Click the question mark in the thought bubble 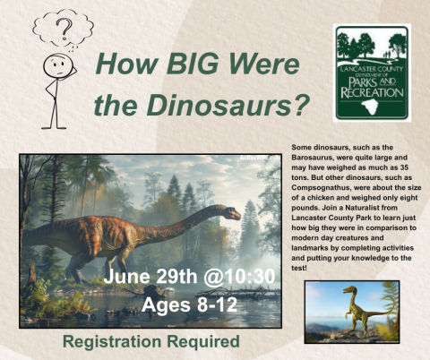tap(64, 34)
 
